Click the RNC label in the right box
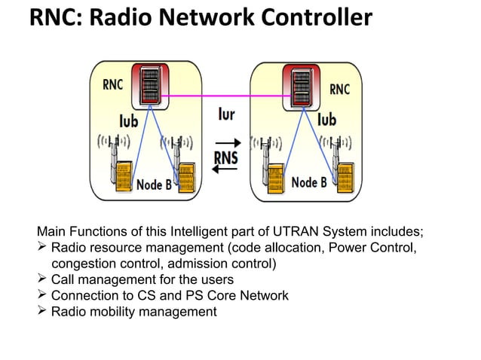pos(340,90)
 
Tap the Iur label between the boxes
pos(228,115)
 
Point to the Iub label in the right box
pos(326,119)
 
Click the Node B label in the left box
pos(155,184)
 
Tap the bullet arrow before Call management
pos(42,279)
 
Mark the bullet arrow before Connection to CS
pos(42,295)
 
